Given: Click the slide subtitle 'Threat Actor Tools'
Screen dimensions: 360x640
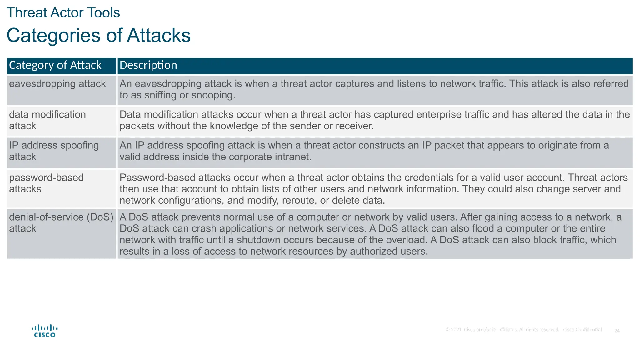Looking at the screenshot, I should click(x=63, y=13).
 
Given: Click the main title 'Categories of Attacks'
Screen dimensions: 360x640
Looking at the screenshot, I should click(x=98, y=35).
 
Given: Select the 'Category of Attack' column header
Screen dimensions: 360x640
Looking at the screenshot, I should click(x=55, y=65).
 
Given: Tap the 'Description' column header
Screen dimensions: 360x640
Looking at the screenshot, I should click(x=148, y=65).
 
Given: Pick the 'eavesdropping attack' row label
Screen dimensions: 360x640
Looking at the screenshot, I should click(x=57, y=84).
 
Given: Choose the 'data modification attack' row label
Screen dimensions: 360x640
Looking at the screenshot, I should click(x=47, y=120).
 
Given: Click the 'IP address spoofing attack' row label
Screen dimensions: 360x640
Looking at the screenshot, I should click(x=54, y=151).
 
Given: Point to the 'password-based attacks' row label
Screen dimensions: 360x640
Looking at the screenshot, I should click(x=46, y=183).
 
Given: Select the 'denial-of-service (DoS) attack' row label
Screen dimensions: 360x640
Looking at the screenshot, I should click(x=61, y=222).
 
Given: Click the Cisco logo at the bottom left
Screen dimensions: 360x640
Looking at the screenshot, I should click(x=45, y=331).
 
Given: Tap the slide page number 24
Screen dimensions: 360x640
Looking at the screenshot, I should click(x=617, y=331).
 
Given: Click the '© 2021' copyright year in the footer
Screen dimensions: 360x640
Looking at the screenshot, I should click(x=453, y=330).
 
